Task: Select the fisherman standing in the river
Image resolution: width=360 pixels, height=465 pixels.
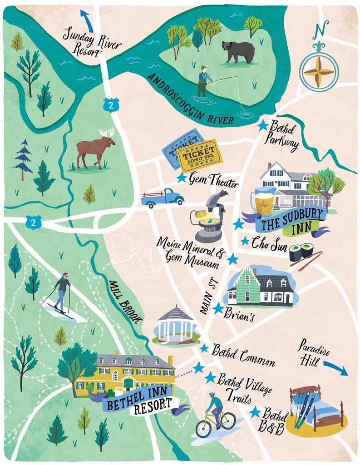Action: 204,82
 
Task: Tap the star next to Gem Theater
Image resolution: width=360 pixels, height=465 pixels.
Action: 182,178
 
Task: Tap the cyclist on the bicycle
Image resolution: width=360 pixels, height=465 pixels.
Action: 216,414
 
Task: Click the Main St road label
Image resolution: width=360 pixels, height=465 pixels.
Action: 209,296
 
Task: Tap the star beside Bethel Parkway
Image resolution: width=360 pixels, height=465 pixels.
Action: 262,125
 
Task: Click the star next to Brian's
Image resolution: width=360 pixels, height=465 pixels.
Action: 218,308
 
